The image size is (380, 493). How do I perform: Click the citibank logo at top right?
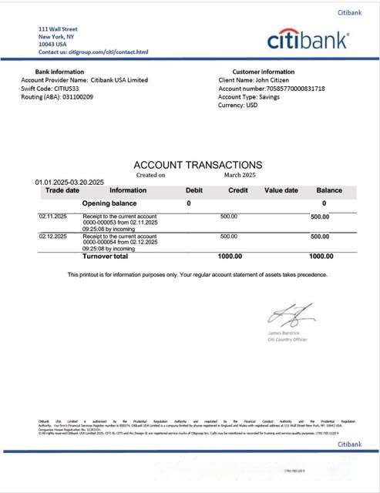click(308, 40)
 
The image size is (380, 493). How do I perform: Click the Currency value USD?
click(251, 106)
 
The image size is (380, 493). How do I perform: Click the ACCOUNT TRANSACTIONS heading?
click(197, 165)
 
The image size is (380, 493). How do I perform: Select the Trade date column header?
click(62, 190)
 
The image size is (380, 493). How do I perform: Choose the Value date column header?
click(281, 190)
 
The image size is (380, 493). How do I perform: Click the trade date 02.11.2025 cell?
click(53, 216)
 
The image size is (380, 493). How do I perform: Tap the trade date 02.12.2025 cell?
click(53, 236)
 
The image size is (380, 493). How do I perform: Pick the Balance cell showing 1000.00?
click(321, 257)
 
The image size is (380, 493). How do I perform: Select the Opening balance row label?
click(114, 203)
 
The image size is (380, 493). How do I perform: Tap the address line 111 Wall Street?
click(59, 29)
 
